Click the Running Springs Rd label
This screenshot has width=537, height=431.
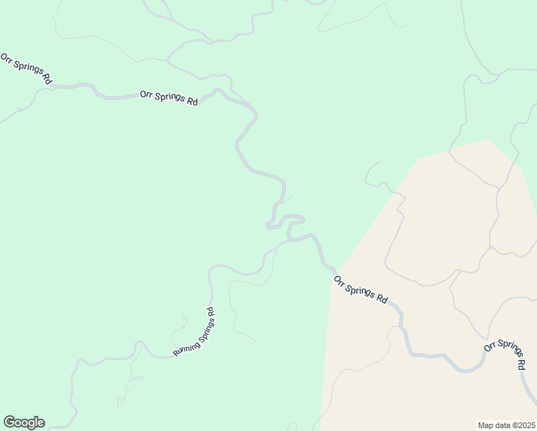point(195,333)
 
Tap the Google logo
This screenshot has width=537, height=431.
point(24,422)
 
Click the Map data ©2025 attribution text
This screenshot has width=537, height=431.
point(506,425)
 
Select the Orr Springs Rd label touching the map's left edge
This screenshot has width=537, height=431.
point(26,70)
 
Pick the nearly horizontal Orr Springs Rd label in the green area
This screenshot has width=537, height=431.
point(169,98)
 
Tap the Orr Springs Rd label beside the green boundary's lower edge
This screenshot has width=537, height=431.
point(360,289)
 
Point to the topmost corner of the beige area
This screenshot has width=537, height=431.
point(487,140)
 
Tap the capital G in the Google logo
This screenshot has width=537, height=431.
point(9,422)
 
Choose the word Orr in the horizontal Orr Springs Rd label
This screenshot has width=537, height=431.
point(146,94)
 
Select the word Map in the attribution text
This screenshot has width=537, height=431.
point(486,425)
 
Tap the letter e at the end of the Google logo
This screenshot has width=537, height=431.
point(41,423)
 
